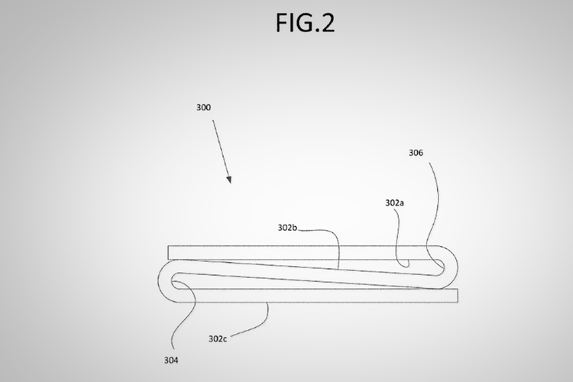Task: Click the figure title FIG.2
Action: tap(305, 23)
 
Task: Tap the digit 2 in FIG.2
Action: tap(328, 23)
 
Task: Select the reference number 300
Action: tap(203, 108)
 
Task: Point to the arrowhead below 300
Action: tap(229, 179)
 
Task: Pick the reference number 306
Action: tap(416, 153)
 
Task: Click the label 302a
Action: tap(395, 203)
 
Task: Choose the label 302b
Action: tap(287, 228)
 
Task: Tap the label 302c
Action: tap(218, 339)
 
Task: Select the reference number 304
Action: tap(171, 361)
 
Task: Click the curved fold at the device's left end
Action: tap(160, 280)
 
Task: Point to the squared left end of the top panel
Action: tap(168, 253)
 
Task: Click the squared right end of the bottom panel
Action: tap(458, 296)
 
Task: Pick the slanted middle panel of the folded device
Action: tap(307, 274)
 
